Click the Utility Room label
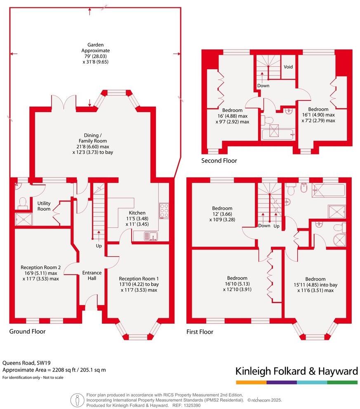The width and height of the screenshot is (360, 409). coord(44,206)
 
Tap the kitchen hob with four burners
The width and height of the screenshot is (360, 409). coord(164,210)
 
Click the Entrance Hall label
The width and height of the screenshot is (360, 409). coord(92,276)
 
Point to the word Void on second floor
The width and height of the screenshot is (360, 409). coord(288,66)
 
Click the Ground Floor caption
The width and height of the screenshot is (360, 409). coord(27,331)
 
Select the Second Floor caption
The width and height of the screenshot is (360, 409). coord(219,161)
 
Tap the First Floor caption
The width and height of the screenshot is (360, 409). coord(200,332)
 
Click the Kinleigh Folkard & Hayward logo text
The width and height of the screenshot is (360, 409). coord(296,371)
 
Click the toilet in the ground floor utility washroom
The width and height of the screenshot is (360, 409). coord(22,202)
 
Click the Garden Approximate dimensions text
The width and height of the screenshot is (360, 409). coord(89,53)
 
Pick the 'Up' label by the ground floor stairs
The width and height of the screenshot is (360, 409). coord(99,246)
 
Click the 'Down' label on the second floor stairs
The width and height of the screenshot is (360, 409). coord(263,86)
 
